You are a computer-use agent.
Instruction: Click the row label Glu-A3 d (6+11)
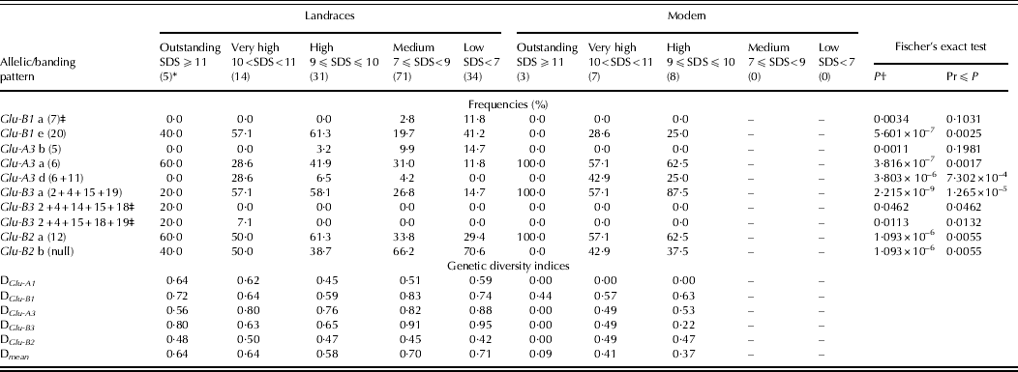click(x=49, y=178)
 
